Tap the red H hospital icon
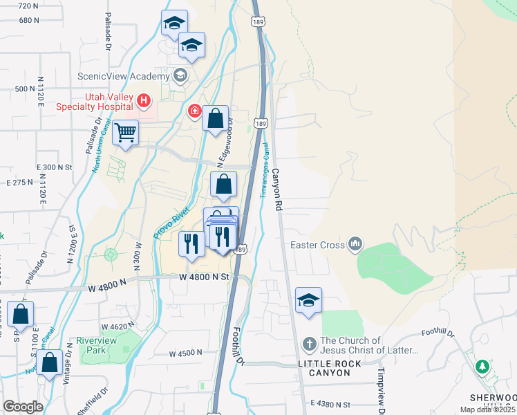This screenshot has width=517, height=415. click(144, 102)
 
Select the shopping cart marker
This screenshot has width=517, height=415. click(125, 132)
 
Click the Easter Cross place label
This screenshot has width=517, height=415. click(317, 244)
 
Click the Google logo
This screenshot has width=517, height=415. click(23, 406)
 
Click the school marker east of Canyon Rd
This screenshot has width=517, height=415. click(308, 301)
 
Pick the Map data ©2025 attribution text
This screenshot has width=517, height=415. click(488, 409)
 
